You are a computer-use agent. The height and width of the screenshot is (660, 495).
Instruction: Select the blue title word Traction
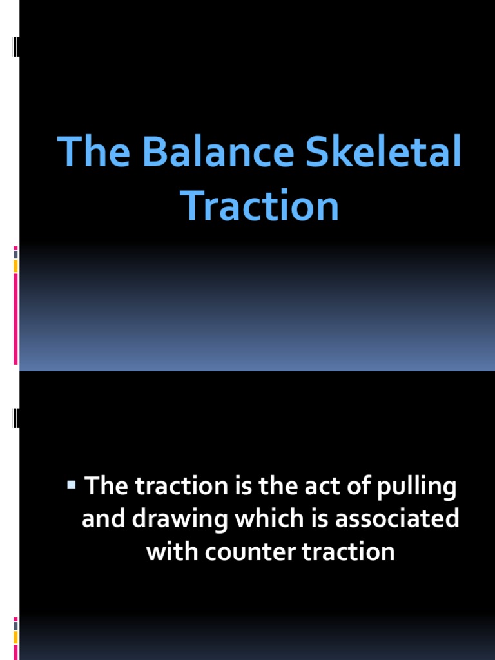pos(260,206)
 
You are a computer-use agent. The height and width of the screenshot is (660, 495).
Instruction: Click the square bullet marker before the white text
pos(72,483)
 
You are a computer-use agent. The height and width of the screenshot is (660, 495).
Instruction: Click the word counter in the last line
pos(238,552)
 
